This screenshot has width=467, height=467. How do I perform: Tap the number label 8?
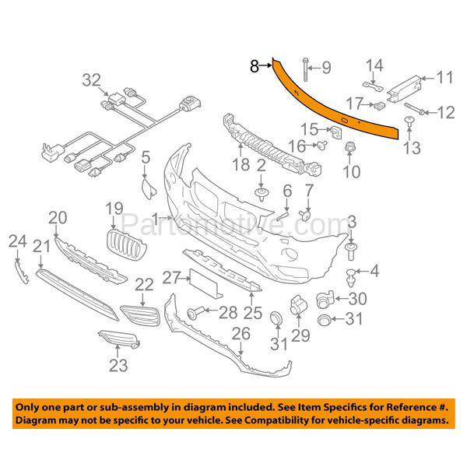[x=254, y=67]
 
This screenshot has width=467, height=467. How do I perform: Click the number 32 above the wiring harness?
[x=91, y=79]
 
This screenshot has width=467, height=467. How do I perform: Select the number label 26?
[x=241, y=334]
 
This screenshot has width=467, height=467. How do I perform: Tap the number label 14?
[x=375, y=65]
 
